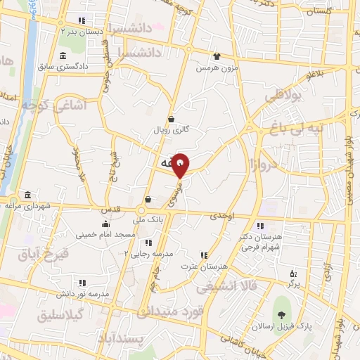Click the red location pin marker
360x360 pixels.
pyautogui.click(x=181, y=165)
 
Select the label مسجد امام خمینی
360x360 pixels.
pyautogui.click(x=105, y=234)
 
